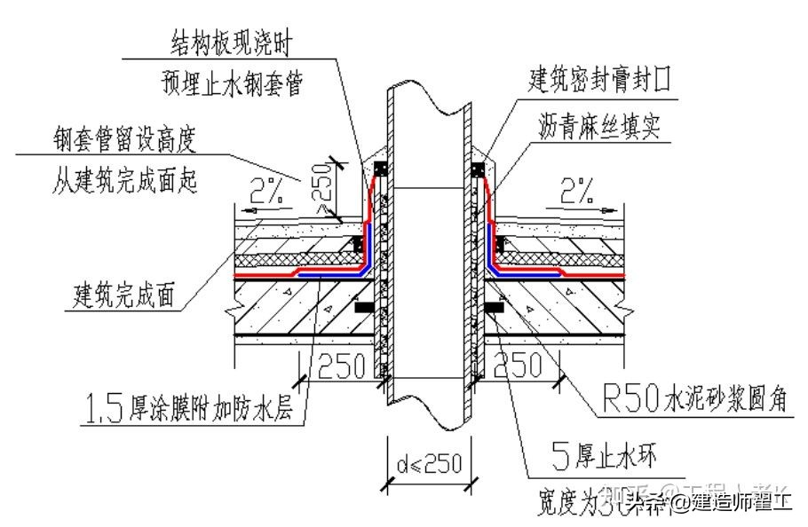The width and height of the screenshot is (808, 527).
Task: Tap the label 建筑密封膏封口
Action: click(x=600, y=83)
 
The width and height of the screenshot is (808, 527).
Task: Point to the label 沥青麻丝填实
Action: click(x=599, y=128)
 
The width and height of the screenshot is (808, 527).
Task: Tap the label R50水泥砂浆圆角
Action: click(x=683, y=401)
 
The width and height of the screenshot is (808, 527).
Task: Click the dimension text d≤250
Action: click(x=429, y=463)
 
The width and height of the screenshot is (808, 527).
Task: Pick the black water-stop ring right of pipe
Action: click(x=494, y=308)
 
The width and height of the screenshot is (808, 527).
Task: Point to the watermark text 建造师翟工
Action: click(x=742, y=504)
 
